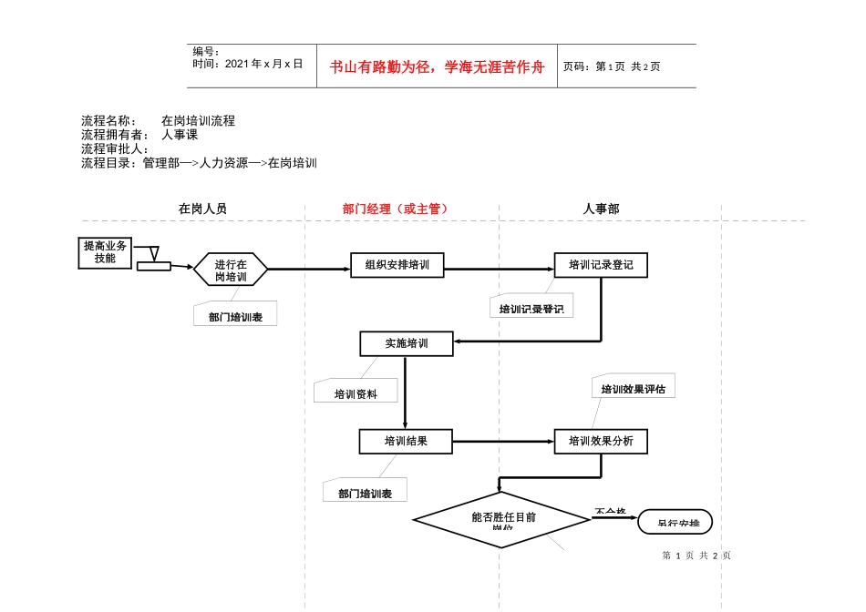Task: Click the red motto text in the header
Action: (x=438, y=66)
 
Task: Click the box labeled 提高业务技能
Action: (x=105, y=252)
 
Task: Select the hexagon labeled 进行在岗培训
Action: (x=231, y=270)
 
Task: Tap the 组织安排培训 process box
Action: (x=397, y=265)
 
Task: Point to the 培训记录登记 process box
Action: (x=601, y=265)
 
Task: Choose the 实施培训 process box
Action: (x=406, y=343)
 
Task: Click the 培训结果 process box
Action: (x=406, y=442)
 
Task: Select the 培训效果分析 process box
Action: (x=601, y=442)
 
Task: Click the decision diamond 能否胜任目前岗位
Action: (x=502, y=520)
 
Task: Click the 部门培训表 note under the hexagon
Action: (x=235, y=315)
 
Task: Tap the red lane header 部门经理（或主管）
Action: (x=396, y=209)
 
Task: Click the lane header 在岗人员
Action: (x=202, y=209)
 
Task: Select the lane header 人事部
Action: (x=601, y=209)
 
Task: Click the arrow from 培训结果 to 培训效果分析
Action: (x=503, y=442)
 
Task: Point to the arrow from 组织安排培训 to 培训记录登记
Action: (x=498, y=269)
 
